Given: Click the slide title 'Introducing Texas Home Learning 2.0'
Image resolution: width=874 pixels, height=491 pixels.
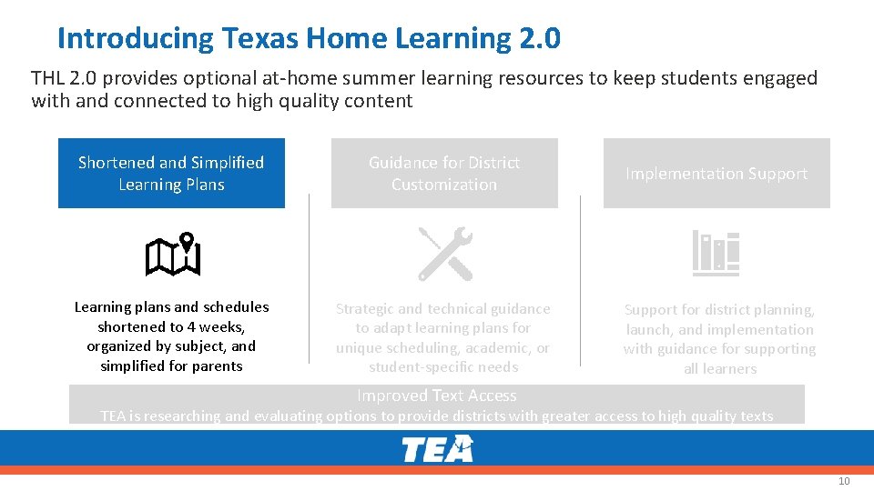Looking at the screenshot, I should click(309, 38).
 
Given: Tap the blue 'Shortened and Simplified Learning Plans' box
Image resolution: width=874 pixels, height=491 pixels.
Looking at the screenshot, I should click(171, 174).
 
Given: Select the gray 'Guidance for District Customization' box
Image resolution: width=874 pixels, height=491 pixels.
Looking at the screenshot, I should click(444, 174).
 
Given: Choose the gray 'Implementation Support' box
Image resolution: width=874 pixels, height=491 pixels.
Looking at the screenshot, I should click(716, 174).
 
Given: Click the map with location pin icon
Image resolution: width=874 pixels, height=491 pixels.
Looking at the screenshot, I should click(172, 255).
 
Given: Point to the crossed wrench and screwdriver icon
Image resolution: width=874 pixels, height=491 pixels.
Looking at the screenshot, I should click(445, 254).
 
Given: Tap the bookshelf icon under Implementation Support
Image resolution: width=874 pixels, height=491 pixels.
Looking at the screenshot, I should click(716, 253).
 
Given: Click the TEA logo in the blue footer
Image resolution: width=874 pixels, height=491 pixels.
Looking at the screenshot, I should click(438, 449).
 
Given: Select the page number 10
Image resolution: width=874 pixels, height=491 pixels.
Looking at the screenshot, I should click(843, 481).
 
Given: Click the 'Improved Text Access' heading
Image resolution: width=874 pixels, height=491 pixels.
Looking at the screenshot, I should click(437, 396).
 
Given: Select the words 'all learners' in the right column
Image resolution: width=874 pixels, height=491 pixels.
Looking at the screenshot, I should click(720, 368).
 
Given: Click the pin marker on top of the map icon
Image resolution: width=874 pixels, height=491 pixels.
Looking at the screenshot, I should click(187, 242).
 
